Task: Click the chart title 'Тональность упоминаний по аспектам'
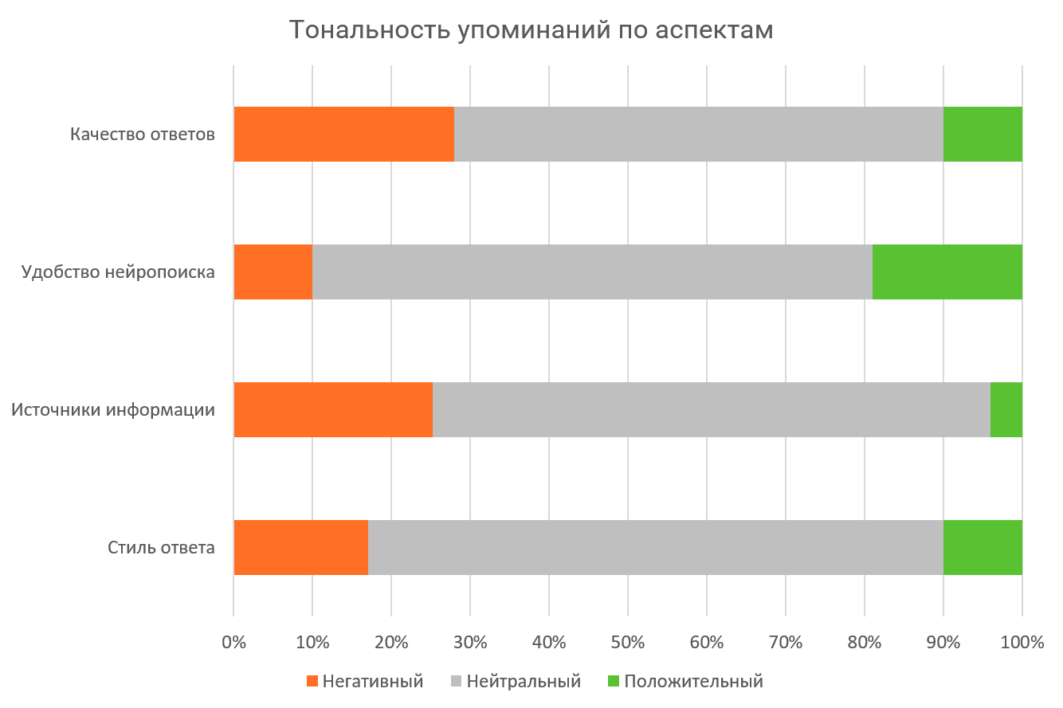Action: (x=531, y=29)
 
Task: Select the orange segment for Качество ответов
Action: (x=343, y=134)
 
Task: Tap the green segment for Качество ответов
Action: (x=983, y=134)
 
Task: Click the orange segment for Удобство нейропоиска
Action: (x=273, y=272)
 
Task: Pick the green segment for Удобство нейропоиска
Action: (x=947, y=272)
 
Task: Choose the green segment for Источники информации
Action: (x=1006, y=409)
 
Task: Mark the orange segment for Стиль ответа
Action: (x=300, y=547)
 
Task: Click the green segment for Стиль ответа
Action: (x=983, y=547)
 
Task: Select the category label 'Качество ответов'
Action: (x=143, y=134)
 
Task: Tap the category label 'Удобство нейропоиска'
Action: (x=118, y=272)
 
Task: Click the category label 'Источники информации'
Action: (x=113, y=410)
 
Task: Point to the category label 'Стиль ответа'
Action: (x=161, y=548)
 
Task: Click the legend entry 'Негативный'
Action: (x=364, y=682)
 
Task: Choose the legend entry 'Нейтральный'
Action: (x=516, y=682)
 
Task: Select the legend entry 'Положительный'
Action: (x=685, y=682)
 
